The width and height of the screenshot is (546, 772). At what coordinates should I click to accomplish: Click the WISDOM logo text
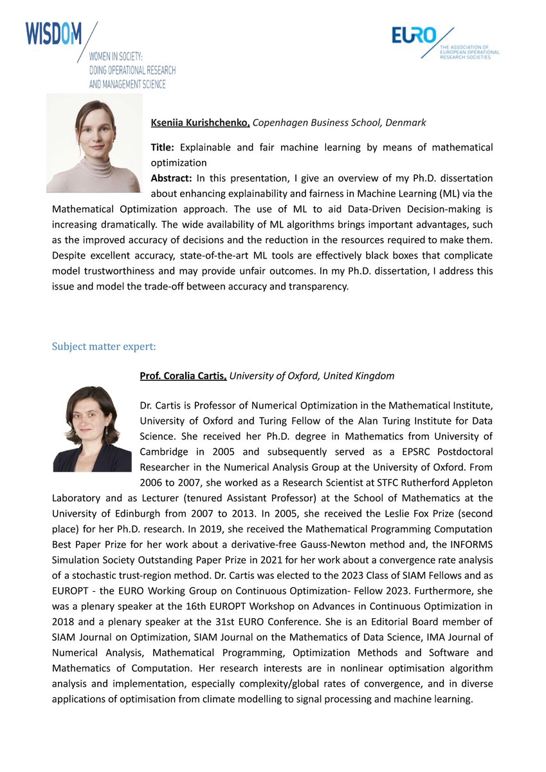(54, 33)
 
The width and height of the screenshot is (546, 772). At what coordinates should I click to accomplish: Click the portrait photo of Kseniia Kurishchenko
(94, 143)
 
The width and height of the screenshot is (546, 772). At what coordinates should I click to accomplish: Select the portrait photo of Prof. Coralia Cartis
(92, 428)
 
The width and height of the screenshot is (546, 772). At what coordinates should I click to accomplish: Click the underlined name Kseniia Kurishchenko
(200, 122)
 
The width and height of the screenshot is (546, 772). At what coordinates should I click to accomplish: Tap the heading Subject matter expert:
(104, 347)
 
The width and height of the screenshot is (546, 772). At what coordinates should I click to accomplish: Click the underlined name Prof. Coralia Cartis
(183, 376)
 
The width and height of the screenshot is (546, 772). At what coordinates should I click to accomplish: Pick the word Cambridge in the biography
(165, 451)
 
